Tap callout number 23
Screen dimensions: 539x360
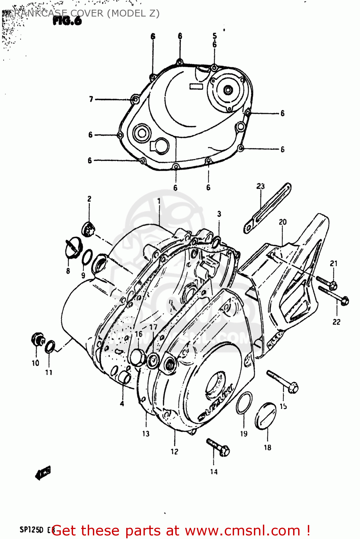tap(260, 186)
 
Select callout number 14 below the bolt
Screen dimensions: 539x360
tap(214, 472)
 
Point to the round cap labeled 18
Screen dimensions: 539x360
tap(266, 416)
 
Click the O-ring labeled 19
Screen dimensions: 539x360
tap(244, 403)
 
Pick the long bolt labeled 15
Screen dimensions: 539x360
tap(282, 382)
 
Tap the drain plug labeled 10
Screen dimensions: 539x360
tap(37, 339)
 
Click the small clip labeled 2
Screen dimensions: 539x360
tap(88, 229)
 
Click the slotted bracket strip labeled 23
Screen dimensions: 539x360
tap(268, 207)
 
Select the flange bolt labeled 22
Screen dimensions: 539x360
tap(334, 294)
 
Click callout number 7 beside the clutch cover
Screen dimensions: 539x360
tap(91, 99)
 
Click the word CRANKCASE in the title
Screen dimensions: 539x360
tap(38, 14)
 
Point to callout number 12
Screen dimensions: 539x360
tap(174, 452)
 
